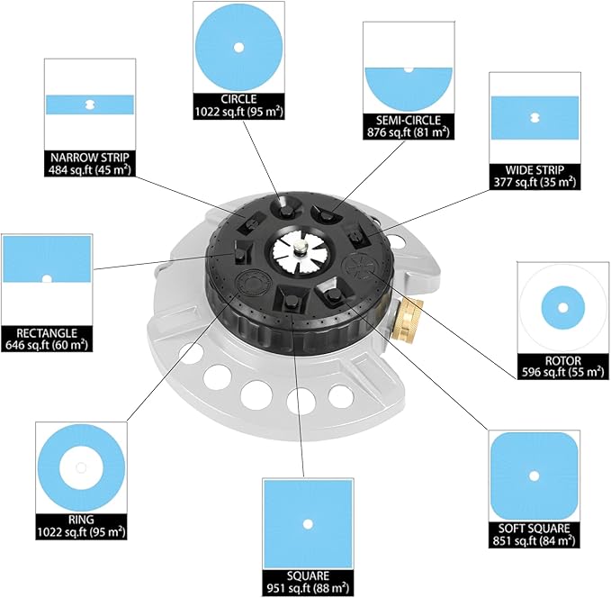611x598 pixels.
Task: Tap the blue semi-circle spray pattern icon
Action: pos(407,86)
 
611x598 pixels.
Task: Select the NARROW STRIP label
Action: pos(89,155)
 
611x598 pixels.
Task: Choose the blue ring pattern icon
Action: pos(81,468)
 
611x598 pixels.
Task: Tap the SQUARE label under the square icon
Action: pos(306,575)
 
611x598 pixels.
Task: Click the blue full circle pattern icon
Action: pos(238,48)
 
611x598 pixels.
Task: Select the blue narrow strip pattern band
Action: pos(89,104)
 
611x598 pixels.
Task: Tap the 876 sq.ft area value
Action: pos(407,131)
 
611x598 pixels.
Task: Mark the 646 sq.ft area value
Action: pos(47,344)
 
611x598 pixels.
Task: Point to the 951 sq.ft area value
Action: pos(306,589)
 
